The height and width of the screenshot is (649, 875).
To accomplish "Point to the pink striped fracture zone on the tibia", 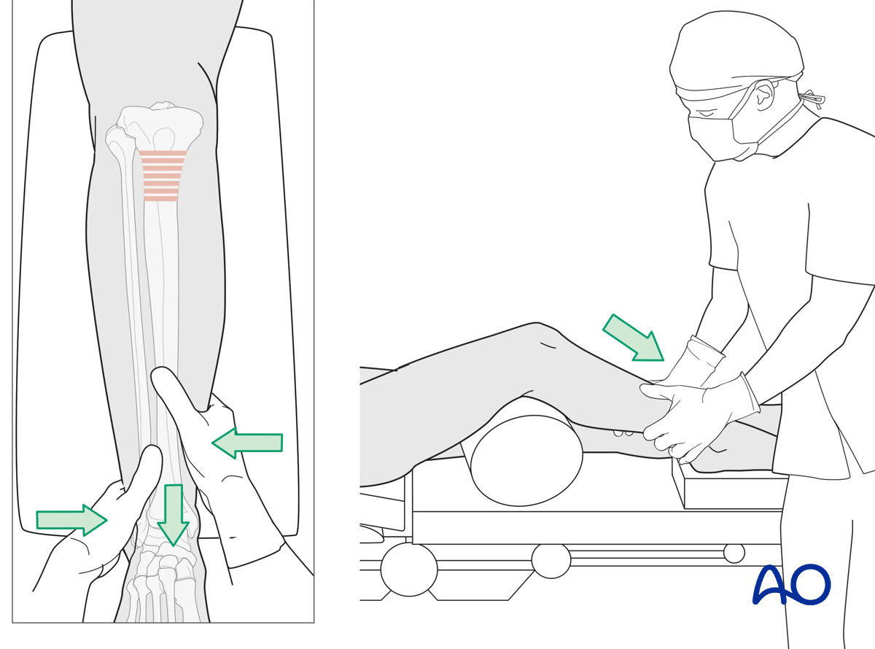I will (x=161, y=176).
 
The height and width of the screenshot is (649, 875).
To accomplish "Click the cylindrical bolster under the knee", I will (x=526, y=459).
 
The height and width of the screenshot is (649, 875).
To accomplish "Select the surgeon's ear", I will (x=764, y=96).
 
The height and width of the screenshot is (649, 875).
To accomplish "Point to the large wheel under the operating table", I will (x=409, y=570).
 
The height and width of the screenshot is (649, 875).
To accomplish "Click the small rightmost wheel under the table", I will (x=734, y=553).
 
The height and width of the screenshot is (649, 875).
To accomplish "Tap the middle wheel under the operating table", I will (x=551, y=560).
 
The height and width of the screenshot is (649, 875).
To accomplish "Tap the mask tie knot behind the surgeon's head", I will (x=812, y=98).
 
